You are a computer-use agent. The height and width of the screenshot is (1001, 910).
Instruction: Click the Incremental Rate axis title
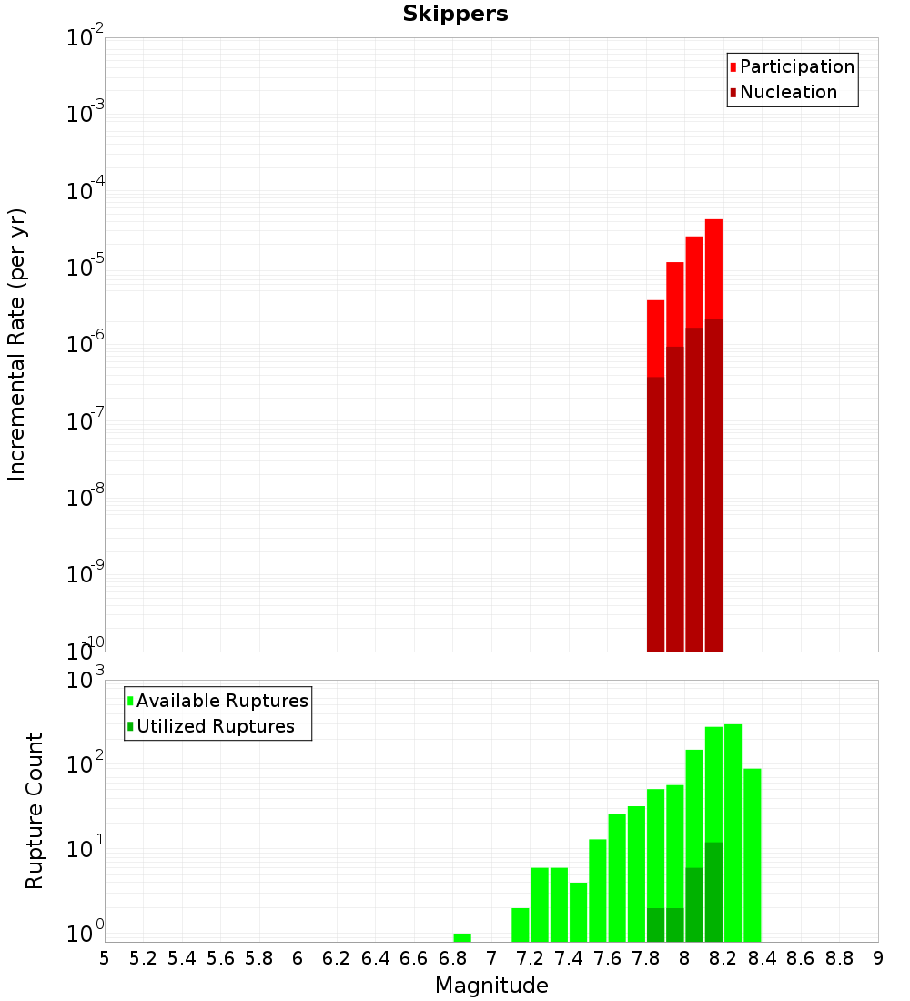[17, 344]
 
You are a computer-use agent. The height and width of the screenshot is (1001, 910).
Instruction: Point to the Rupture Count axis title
[35, 810]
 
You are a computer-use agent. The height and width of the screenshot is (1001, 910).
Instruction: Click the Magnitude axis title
[491, 986]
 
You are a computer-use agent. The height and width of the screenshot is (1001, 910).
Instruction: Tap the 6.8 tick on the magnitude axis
[452, 958]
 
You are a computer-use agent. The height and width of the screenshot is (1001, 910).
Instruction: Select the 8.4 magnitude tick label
[762, 958]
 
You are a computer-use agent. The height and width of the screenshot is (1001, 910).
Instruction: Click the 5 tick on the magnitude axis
[105, 958]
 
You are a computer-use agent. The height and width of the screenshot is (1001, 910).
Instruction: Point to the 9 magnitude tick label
[877, 958]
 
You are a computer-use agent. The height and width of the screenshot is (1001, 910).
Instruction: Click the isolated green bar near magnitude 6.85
[462, 937]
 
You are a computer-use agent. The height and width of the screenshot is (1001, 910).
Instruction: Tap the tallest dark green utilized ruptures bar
[713, 892]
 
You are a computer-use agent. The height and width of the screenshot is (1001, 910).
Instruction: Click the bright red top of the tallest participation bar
[713, 268]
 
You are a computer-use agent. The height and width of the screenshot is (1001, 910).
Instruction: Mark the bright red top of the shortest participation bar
[655, 337]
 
